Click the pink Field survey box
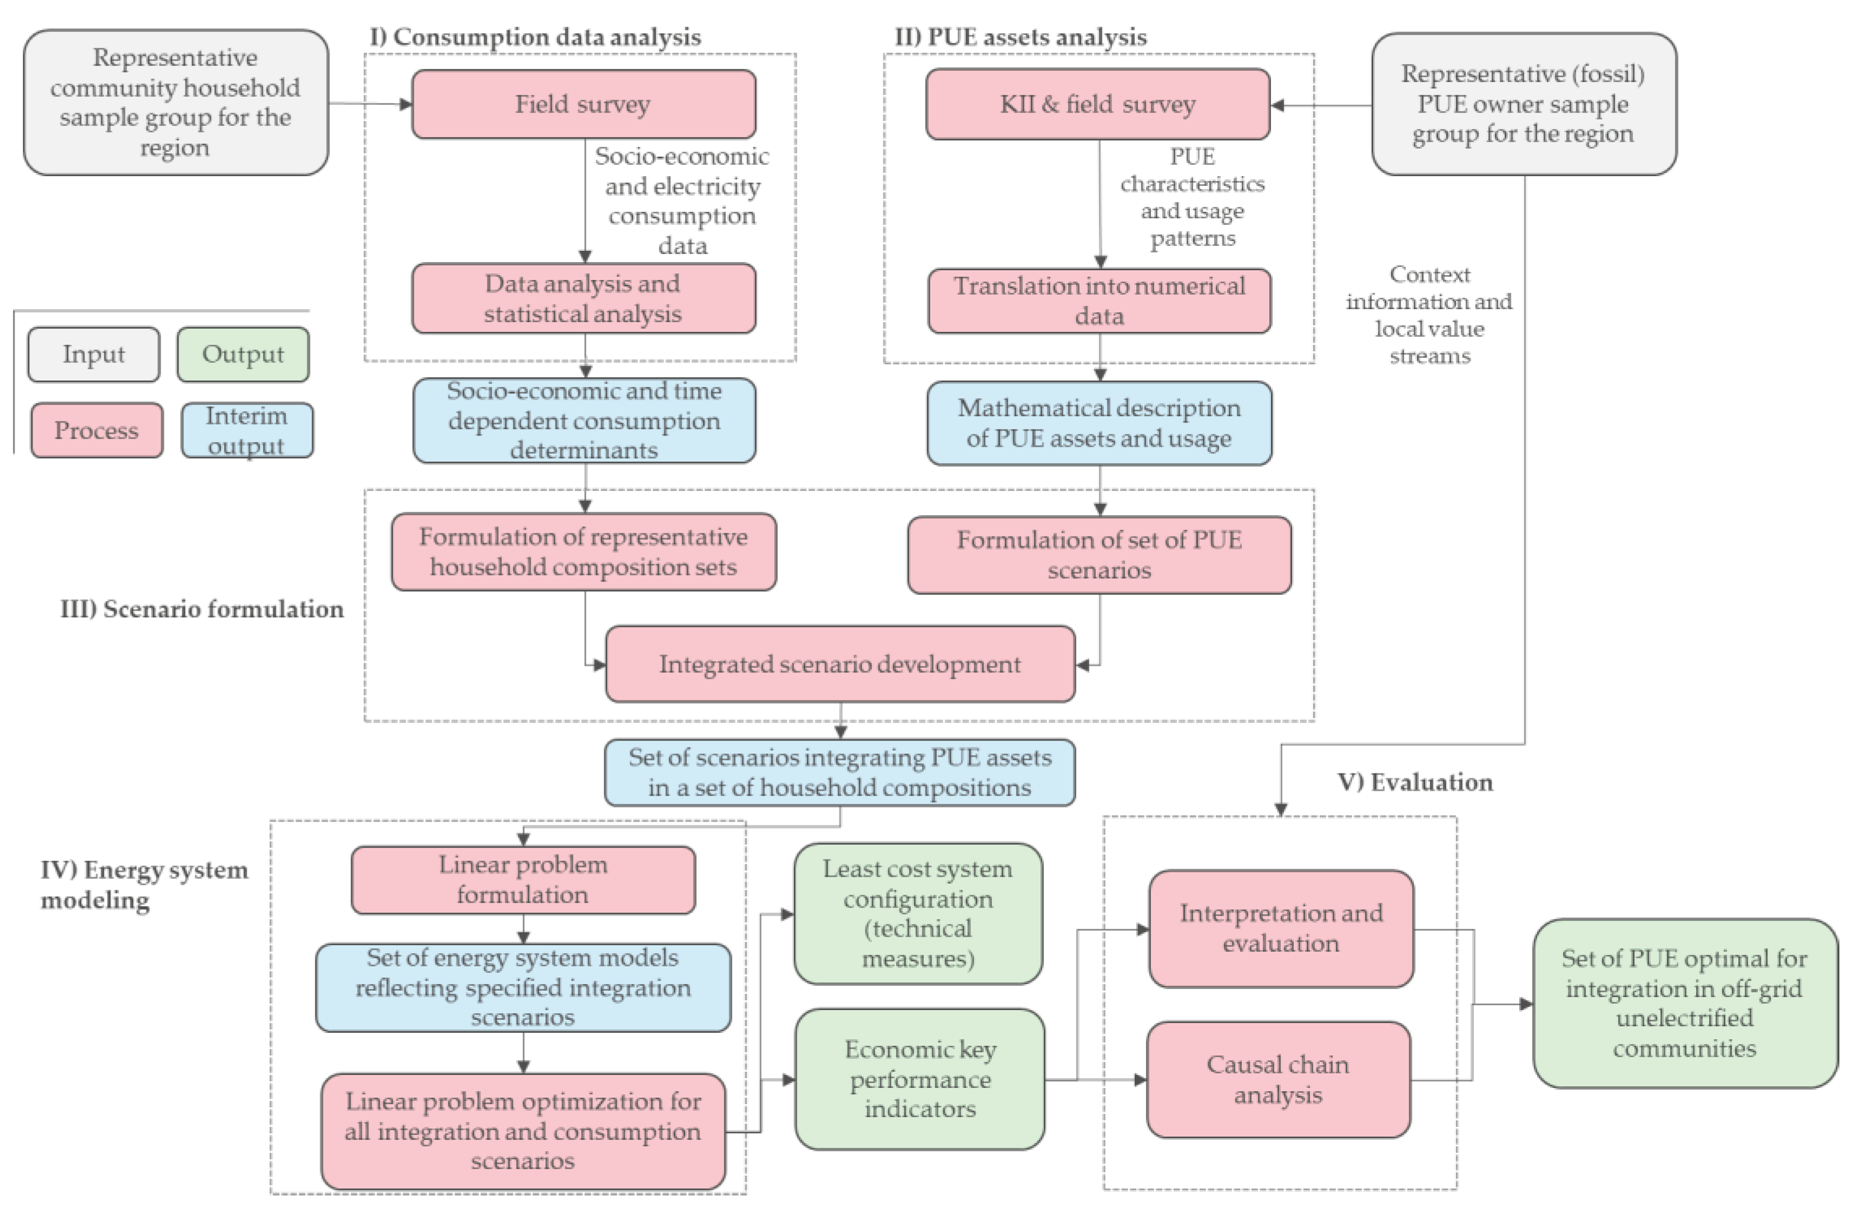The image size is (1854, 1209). [x=582, y=104]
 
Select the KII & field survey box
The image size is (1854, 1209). [x=1097, y=104]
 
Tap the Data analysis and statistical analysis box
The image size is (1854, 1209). [x=582, y=298]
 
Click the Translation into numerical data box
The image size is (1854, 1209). [x=1098, y=300]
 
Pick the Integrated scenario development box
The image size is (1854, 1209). [x=840, y=664]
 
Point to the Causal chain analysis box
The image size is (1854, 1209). [x=1277, y=1080]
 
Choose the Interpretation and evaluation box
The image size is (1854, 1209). [x=1281, y=928]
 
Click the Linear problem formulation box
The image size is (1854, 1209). [x=522, y=880]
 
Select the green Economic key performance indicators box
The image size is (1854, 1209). [x=919, y=1079]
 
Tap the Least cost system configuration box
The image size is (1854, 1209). [x=918, y=913]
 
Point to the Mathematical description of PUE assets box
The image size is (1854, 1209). [x=1098, y=423]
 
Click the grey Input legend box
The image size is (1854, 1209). [x=94, y=354]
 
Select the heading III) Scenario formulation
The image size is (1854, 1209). [x=202, y=609]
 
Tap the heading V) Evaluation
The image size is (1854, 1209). [x=1415, y=783]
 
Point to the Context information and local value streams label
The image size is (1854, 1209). [x=1429, y=315]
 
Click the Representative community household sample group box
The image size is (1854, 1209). [x=175, y=102]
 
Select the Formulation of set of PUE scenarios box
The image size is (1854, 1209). [x=1098, y=555]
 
